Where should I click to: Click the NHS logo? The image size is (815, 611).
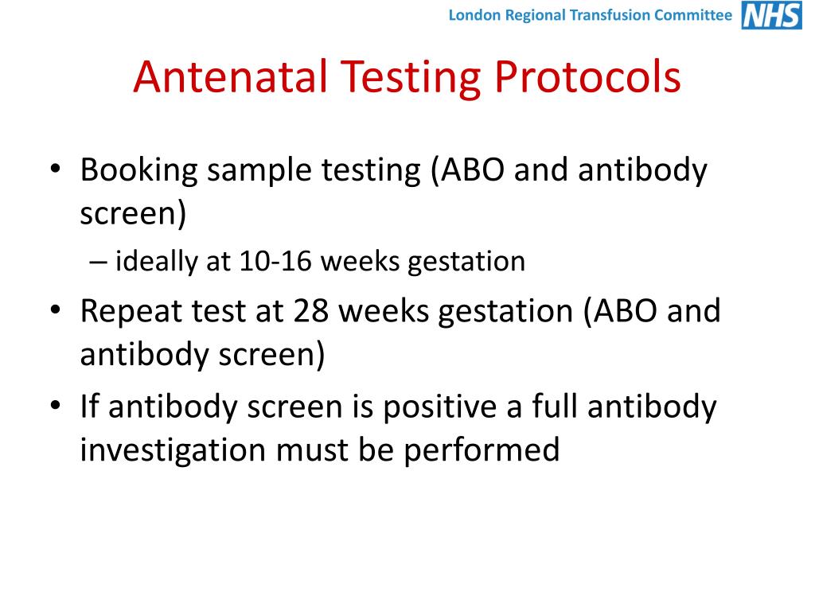click(771, 15)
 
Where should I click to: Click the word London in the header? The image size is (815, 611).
click(472, 15)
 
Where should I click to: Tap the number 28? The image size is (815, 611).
click(314, 311)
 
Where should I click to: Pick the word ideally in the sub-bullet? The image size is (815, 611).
click(159, 262)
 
